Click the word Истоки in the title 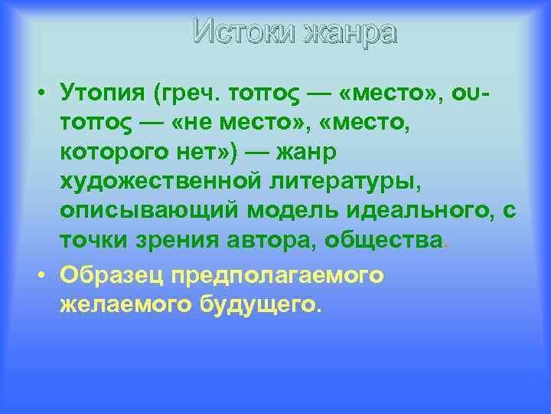[244, 32]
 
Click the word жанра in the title [350, 32]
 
